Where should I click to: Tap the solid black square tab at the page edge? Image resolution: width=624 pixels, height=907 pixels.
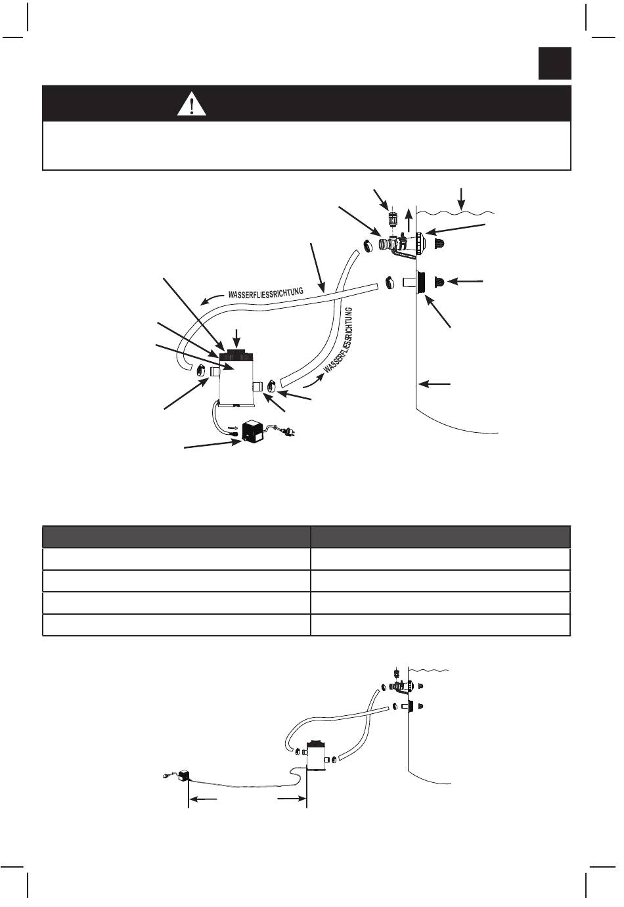coord(554,63)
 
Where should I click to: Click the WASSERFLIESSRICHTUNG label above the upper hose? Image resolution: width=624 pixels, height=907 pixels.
coord(265,292)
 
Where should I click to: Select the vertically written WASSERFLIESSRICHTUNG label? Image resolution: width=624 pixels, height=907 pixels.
coord(338,340)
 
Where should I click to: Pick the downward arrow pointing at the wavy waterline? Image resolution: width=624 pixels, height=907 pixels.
coord(461,199)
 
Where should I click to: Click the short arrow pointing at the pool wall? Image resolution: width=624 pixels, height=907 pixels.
coord(434,383)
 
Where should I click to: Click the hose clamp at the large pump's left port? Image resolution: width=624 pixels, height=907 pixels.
coord(200,370)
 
